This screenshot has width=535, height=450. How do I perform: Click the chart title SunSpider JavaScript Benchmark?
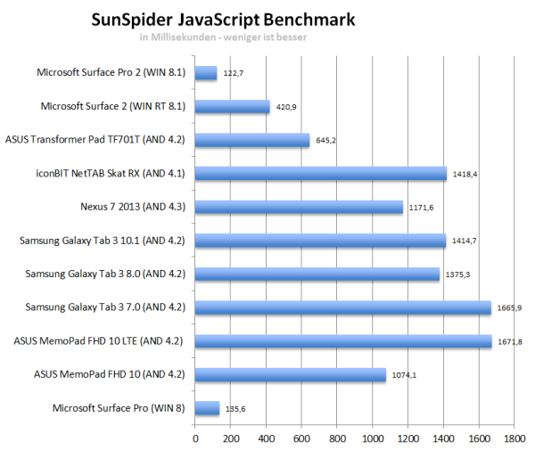[x=223, y=19]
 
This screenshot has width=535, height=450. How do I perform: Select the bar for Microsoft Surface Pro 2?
[x=206, y=73]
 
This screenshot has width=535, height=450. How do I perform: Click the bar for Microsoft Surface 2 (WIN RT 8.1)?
[x=232, y=107]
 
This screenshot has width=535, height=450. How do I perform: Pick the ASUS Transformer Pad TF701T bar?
[x=252, y=140]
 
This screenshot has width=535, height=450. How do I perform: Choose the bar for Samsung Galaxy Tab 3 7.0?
[x=342, y=307]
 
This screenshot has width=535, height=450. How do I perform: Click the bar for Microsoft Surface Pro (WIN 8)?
[x=207, y=408]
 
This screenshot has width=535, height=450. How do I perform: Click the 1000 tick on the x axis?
[x=372, y=438]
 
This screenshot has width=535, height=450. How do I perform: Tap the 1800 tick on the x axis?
[x=514, y=438]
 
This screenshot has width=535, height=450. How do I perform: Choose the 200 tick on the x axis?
[x=231, y=438]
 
